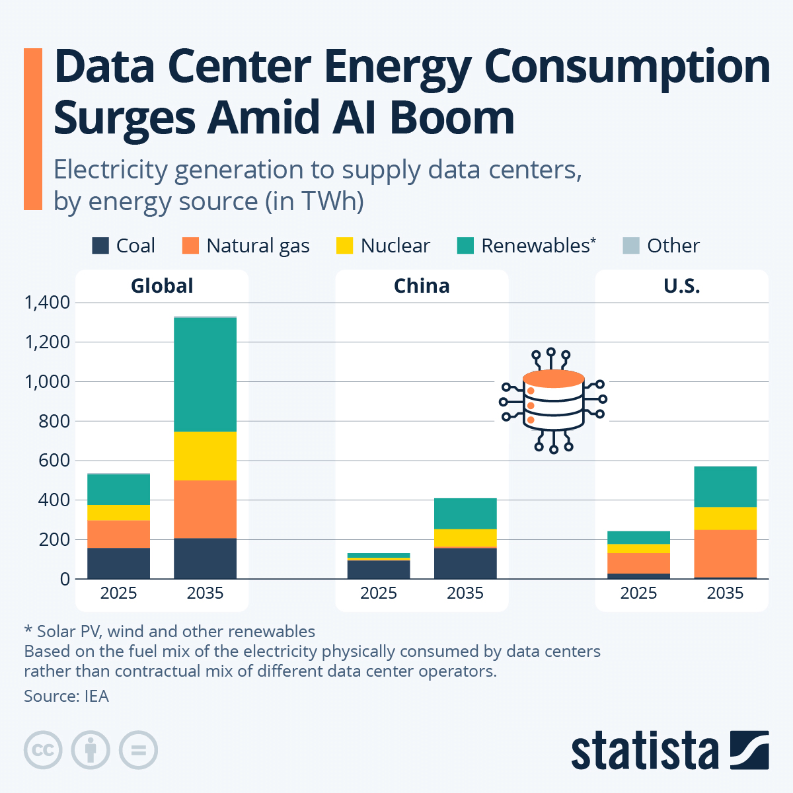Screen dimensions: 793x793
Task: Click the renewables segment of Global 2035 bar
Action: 205,374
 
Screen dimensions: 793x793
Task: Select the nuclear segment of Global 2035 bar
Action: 205,456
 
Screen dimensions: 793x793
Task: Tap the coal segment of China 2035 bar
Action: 465,563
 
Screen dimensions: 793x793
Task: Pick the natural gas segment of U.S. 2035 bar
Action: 725,553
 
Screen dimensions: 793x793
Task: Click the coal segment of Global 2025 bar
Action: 118,563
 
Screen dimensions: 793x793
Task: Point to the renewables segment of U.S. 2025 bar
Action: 638,537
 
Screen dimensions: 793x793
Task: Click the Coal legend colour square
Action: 100,246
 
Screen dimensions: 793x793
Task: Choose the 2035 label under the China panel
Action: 465,593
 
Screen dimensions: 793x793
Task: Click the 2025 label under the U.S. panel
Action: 638,593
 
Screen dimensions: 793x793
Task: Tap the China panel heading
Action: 422,286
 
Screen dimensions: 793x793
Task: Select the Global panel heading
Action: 162,286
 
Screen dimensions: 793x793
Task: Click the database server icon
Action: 553,400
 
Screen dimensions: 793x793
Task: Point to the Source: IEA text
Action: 66,696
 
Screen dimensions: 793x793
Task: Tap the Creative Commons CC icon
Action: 43,750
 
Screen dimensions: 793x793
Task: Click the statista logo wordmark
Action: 644,751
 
